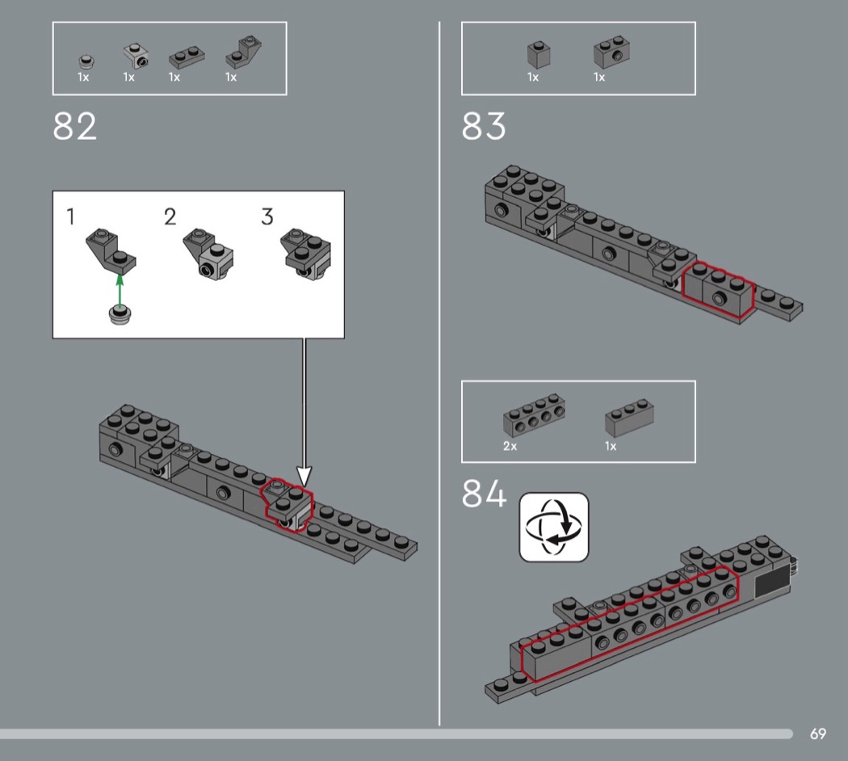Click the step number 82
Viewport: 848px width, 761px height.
(74, 126)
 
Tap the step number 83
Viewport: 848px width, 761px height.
(484, 126)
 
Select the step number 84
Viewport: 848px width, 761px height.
(484, 494)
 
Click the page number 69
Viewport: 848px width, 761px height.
(817, 734)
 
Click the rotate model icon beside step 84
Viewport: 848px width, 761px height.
(554, 527)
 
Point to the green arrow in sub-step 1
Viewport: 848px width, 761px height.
(120, 291)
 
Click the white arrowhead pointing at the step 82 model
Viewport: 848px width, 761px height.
(304, 477)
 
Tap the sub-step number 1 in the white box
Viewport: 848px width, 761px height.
(70, 217)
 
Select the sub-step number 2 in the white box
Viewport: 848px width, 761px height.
(170, 217)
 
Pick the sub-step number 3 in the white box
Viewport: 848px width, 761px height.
(267, 217)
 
